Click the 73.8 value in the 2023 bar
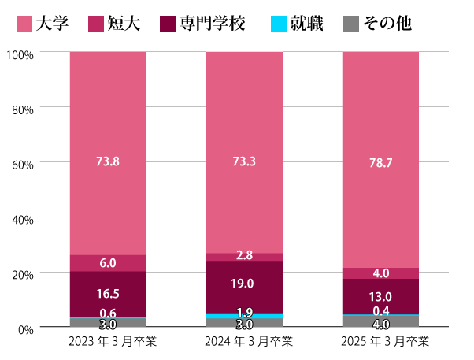click(x=108, y=161)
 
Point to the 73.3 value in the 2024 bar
click(x=244, y=161)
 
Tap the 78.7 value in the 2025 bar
click(x=380, y=163)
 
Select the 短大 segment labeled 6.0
click(x=108, y=263)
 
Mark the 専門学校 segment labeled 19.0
click(x=244, y=284)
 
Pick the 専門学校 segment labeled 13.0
click(x=380, y=296)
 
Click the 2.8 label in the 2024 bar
click(x=244, y=255)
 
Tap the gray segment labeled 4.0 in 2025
click(x=380, y=322)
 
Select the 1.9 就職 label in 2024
click(x=244, y=312)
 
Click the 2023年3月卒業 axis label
click(x=108, y=342)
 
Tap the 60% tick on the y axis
click(x=22, y=164)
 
